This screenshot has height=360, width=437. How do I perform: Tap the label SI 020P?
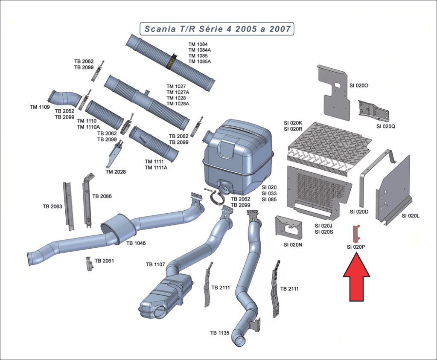click(x=356, y=247)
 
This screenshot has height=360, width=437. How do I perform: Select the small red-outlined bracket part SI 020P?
click(x=356, y=233)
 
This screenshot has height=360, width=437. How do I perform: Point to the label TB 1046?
click(x=136, y=243)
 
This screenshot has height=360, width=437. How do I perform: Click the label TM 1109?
click(x=40, y=107)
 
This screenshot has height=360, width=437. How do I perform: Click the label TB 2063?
click(x=52, y=206)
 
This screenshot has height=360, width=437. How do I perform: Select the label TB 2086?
click(x=102, y=196)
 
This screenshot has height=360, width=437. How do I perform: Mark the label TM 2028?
click(x=115, y=172)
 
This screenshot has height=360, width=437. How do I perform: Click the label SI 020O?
click(x=359, y=86)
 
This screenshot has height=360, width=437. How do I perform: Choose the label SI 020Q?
click(x=386, y=126)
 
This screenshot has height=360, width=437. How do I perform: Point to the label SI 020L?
click(x=411, y=216)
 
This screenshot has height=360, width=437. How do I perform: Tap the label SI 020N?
click(x=293, y=245)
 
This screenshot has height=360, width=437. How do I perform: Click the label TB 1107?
click(x=155, y=264)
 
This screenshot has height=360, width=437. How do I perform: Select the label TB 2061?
click(x=104, y=260)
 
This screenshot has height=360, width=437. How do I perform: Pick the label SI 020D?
click(x=359, y=212)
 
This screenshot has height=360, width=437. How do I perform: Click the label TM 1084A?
click(x=200, y=50)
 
